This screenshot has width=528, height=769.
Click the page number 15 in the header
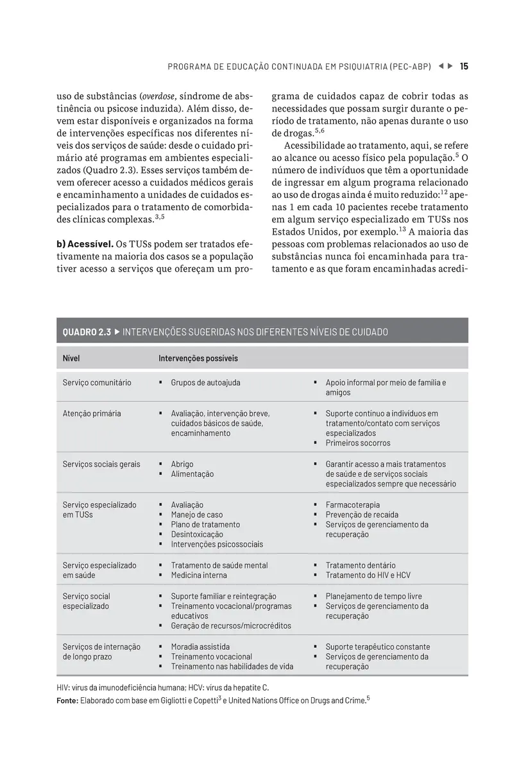click(x=464, y=66)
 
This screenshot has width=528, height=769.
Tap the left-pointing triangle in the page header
click(x=441, y=66)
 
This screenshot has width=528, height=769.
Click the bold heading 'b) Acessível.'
click(x=85, y=244)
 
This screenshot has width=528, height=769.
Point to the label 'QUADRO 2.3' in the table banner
click(x=87, y=332)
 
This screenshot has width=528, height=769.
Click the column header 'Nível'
click(x=71, y=358)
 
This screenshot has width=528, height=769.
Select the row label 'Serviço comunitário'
click(x=97, y=383)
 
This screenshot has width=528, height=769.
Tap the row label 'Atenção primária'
click(x=92, y=413)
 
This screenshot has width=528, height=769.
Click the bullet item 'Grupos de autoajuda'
click(x=205, y=383)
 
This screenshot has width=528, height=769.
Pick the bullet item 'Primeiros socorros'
click(x=357, y=443)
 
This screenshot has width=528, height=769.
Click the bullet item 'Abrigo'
click(x=182, y=464)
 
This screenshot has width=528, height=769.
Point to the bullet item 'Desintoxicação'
click(x=197, y=534)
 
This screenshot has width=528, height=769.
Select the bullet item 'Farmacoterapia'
click(x=352, y=505)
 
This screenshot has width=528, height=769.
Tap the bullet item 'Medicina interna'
click(x=198, y=575)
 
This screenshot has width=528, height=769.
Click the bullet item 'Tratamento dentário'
click(x=361, y=565)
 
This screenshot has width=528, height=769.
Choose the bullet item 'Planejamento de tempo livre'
click(x=373, y=596)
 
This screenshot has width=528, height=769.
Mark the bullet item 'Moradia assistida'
click(x=200, y=647)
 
